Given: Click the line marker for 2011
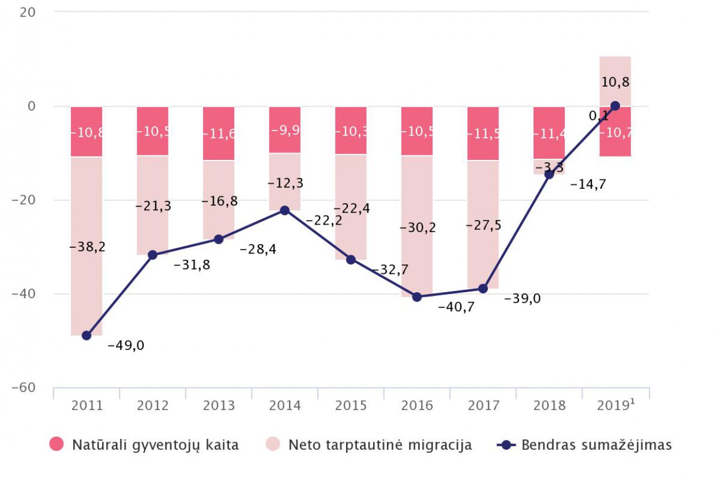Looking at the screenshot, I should click(x=87, y=335).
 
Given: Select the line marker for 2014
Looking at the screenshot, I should click(x=285, y=210).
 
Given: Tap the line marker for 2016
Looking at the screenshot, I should click(x=417, y=297).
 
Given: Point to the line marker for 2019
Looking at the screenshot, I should click(x=615, y=106).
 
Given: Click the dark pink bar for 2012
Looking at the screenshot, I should click(x=153, y=131).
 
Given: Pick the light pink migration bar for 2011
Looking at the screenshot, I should click(x=87, y=245).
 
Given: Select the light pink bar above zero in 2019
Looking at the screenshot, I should click(x=615, y=81).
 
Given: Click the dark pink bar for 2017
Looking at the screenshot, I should click(x=483, y=133).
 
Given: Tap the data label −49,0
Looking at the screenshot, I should click(x=126, y=346).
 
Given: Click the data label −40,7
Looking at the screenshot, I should click(x=456, y=308).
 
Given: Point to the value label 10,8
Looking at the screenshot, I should click(x=615, y=83).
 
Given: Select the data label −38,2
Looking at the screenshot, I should click(x=87, y=247).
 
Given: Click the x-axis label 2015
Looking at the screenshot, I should click(x=351, y=405).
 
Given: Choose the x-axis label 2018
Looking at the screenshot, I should click(x=549, y=405).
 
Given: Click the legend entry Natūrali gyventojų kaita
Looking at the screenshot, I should click(x=144, y=445).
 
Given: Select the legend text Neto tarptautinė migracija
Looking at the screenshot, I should click(x=380, y=445).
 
